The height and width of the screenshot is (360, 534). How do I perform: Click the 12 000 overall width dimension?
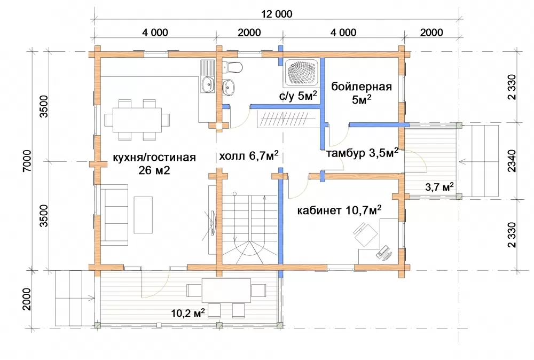point(277,14)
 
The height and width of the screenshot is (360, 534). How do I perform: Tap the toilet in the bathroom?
point(232,67)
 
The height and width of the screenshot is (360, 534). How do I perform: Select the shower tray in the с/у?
point(302,72)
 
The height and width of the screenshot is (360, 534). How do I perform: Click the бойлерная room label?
point(362,87)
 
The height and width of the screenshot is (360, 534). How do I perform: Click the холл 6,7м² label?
point(249,156)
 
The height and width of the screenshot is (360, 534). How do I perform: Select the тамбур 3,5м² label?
point(362,153)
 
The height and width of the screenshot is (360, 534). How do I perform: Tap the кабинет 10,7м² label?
point(339,210)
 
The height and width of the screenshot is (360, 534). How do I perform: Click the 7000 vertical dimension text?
point(27,161)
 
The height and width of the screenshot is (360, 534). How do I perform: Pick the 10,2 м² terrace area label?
point(187,312)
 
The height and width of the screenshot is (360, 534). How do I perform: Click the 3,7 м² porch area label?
point(439,186)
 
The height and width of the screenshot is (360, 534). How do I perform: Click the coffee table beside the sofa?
point(143,215)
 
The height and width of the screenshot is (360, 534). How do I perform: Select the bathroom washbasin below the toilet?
point(228,87)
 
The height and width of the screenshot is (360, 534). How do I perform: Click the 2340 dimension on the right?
point(512,161)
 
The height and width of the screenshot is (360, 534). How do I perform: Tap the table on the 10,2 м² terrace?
point(226,291)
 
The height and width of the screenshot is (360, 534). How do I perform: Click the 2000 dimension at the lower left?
point(27,299)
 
